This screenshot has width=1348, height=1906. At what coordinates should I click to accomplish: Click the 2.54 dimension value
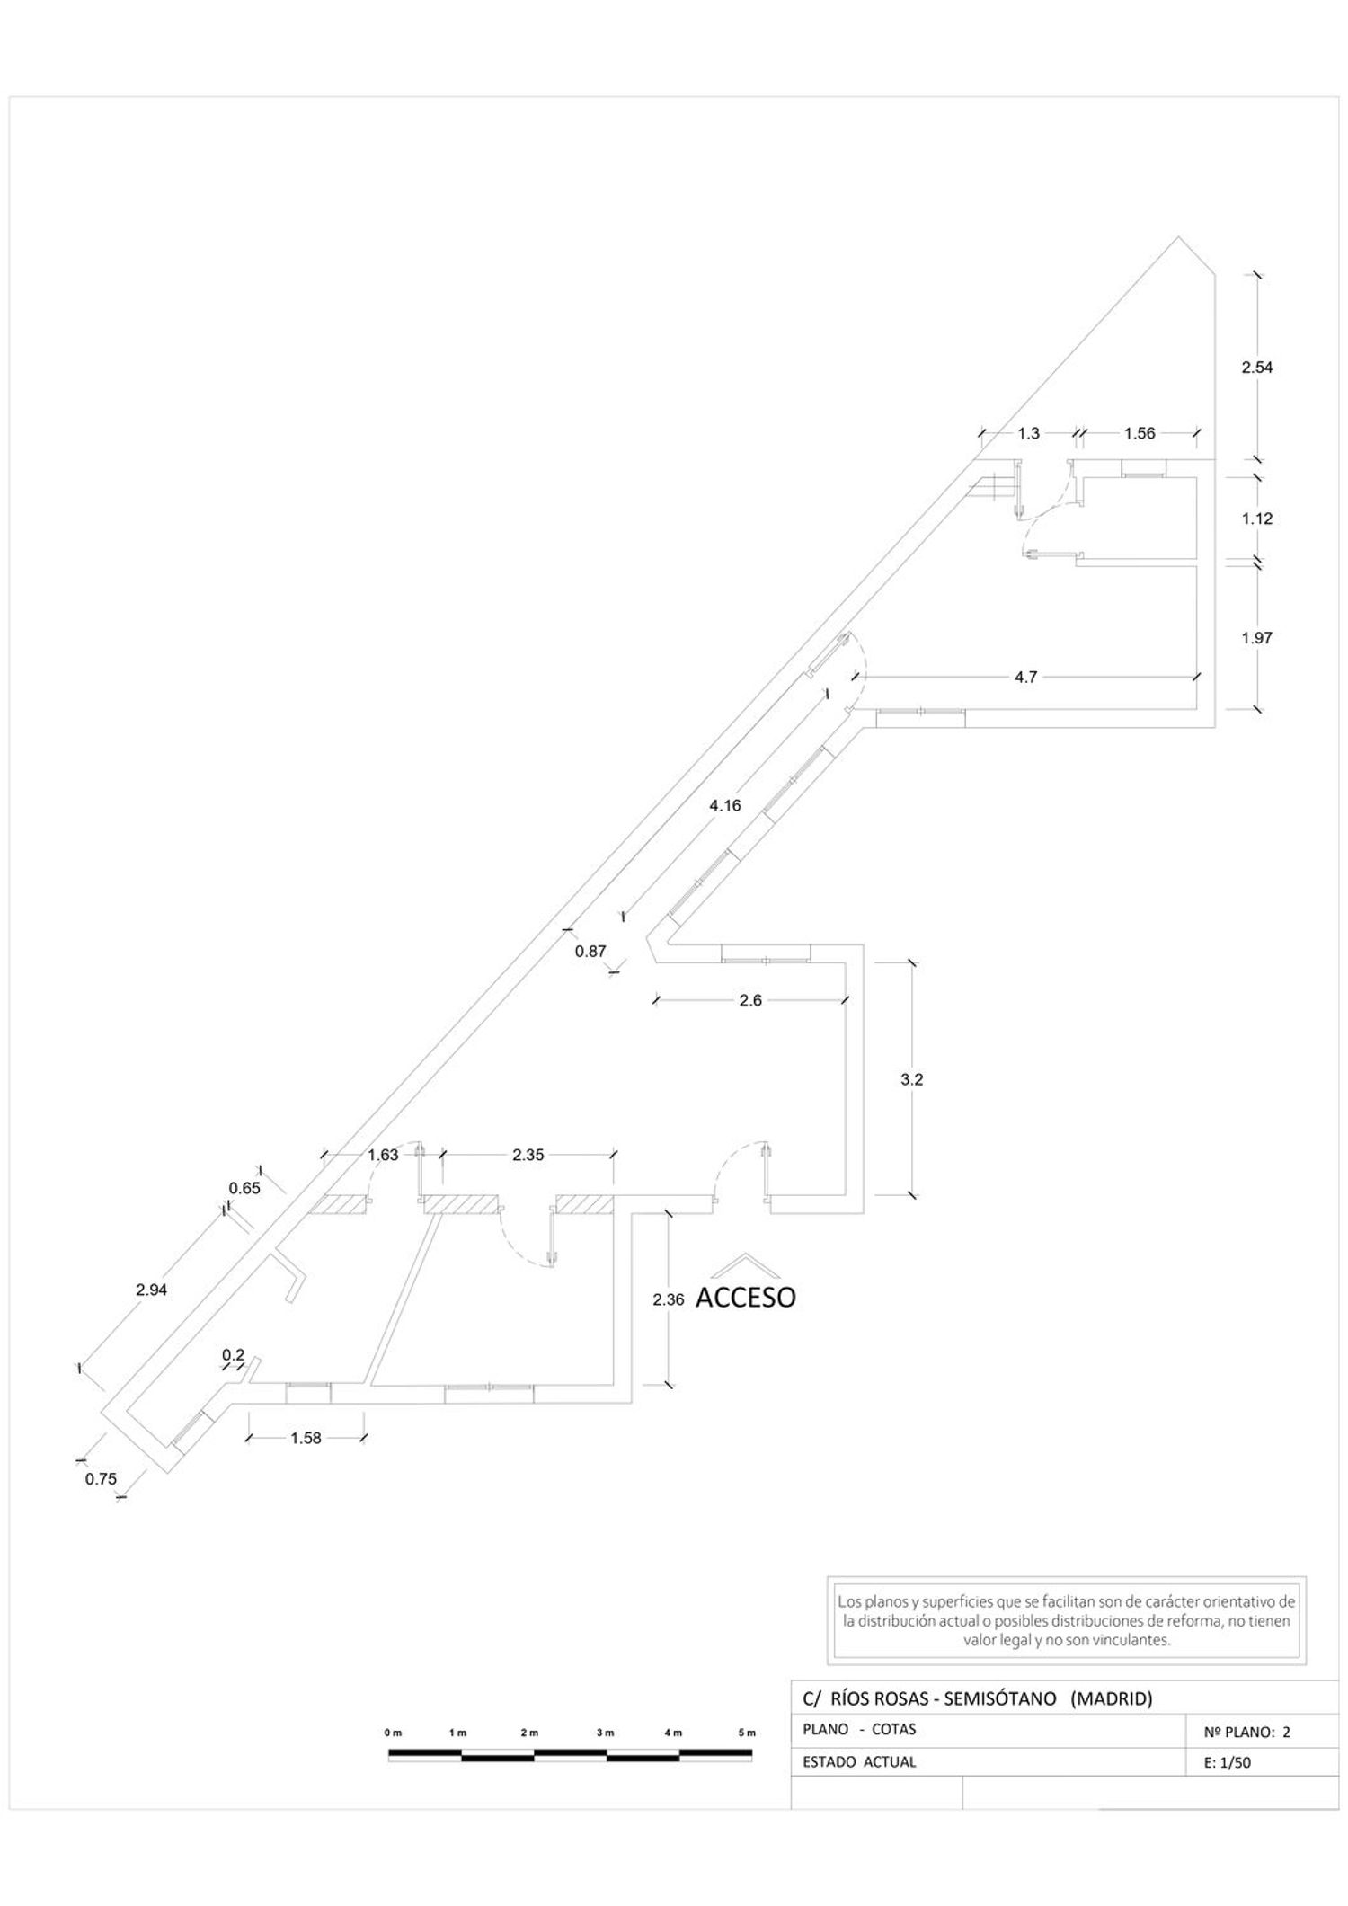(x=1257, y=367)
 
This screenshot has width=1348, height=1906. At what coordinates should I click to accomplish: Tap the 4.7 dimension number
(x=1025, y=678)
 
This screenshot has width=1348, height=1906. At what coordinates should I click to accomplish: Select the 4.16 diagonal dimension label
(x=725, y=805)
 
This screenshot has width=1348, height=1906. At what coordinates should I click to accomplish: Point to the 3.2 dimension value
(x=912, y=1079)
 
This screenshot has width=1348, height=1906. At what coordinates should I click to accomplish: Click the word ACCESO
(x=746, y=1298)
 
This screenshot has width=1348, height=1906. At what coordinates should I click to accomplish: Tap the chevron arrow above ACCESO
(x=745, y=1264)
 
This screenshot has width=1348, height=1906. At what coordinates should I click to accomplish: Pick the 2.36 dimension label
(x=669, y=1299)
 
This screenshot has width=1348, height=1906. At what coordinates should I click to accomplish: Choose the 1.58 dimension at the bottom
(x=306, y=1438)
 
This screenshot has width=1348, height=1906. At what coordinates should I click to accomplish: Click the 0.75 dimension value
(x=101, y=1479)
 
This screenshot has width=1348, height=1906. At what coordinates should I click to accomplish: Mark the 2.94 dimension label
(x=152, y=1290)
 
